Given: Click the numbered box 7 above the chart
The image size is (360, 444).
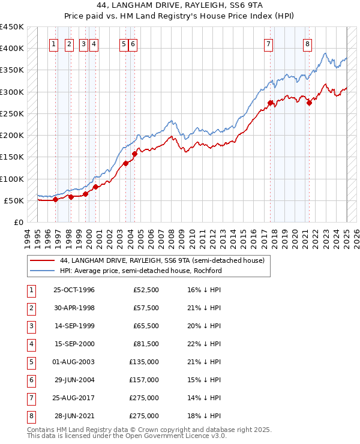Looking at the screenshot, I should [268, 43].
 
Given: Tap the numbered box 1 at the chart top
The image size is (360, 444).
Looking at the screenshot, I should [53, 43].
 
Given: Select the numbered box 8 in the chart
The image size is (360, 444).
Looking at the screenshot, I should [307, 43].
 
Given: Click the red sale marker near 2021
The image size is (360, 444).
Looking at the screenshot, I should [309, 103].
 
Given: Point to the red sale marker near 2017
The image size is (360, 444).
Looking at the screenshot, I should [270, 103].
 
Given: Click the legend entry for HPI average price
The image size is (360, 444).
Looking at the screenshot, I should [140, 271].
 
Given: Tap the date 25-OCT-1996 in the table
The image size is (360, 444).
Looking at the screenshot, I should [74, 290].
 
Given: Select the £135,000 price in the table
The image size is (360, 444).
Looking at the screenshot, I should [144, 362].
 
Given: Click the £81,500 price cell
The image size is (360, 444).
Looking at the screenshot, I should [146, 344].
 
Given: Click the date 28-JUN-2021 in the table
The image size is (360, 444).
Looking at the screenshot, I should [74, 416].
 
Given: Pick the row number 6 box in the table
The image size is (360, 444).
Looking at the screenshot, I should [31, 380].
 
